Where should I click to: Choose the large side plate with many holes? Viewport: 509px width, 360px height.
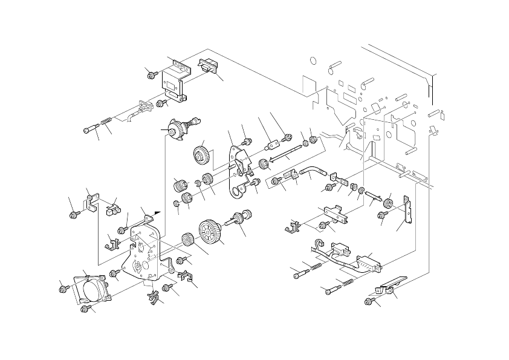click(x=143, y=251)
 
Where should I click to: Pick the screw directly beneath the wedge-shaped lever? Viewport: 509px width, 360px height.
click(x=370, y=301)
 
